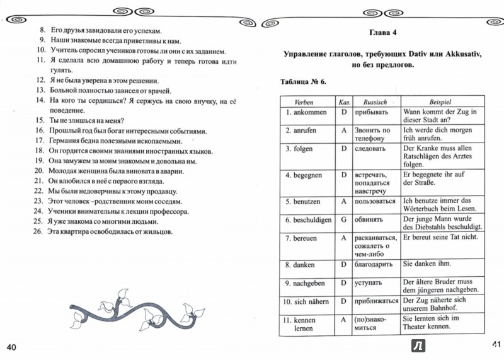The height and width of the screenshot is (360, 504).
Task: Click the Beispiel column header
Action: coord(442,102)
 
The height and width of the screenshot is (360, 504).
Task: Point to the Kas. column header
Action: coord(344,102)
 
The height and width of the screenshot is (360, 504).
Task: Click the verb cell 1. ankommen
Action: coord(302,112)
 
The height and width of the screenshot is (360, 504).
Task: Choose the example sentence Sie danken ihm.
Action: coord(426,265)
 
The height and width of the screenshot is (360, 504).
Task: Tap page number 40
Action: coord(13,347)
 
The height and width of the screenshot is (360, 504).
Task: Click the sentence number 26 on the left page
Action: coord(37,232)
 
